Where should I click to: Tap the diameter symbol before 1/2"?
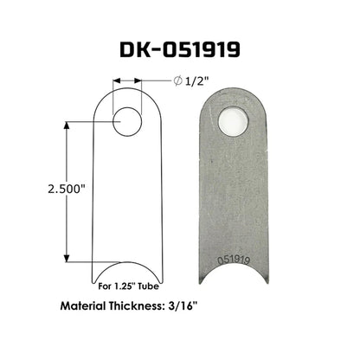click(177, 81)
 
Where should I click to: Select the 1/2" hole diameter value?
click(196, 81)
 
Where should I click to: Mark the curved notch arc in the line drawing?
click(127, 267)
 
